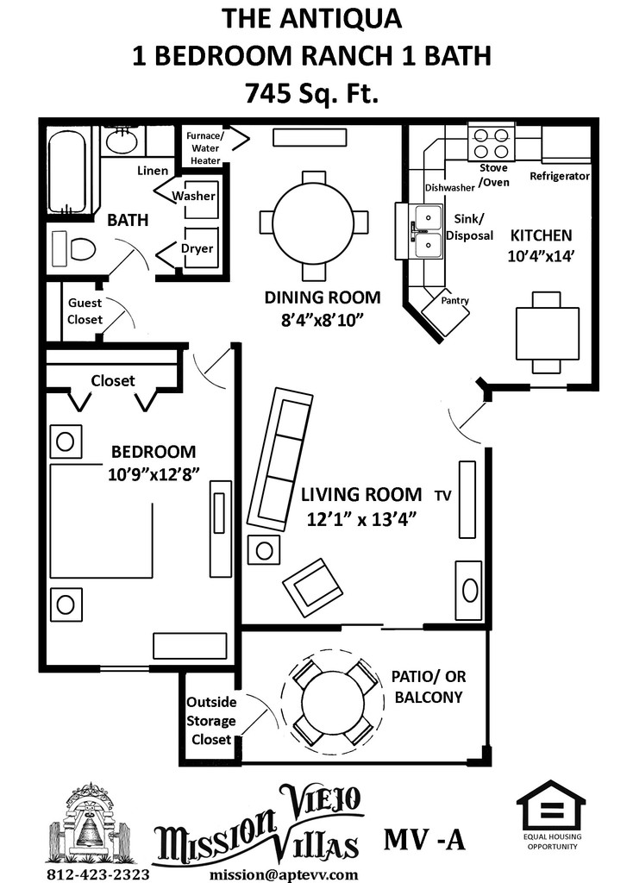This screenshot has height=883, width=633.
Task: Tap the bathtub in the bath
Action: (x=67, y=170)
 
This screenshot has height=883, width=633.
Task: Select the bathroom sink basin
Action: (x=122, y=141)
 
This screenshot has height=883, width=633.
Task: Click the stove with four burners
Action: (x=492, y=144)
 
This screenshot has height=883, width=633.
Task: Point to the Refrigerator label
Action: (x=559, y=176)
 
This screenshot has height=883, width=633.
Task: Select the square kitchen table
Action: (x=547, y=333)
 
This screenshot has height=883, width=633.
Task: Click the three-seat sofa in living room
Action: (x=280, y=459)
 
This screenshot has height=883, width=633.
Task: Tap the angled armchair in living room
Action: (x=312, y=587)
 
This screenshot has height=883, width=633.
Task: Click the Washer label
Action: (x=194, y=196)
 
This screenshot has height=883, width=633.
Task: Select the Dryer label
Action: (x=197, y=248)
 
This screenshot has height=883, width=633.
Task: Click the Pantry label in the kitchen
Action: (x=455, y=301)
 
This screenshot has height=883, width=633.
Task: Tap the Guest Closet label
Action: (x=85, y=310)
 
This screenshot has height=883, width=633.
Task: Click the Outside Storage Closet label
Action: (x=211, y=721)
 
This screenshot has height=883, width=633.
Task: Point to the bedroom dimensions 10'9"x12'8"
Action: (x=154, y=474)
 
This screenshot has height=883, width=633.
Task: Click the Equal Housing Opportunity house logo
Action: (x=551, y=807)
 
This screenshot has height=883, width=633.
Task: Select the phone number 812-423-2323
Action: (x=98, y=874)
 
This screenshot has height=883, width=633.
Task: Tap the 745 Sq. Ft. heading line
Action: (x=311, y=93)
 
